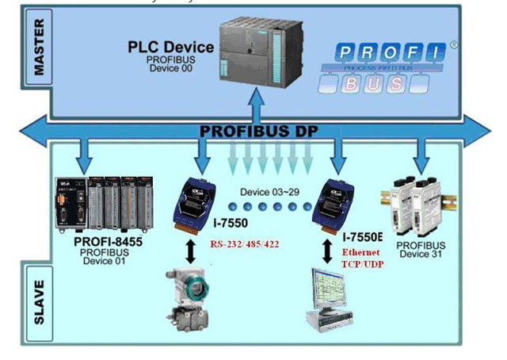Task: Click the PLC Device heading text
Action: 170,48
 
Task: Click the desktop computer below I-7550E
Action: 333,302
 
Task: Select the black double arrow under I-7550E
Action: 328,248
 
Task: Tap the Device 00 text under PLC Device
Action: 170,68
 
